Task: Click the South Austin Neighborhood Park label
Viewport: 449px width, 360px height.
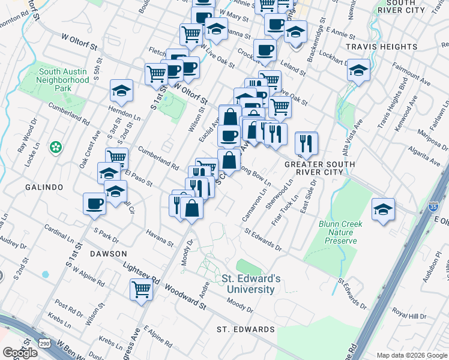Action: [x=64, y=80]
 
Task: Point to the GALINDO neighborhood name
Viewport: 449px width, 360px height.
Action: [x=44, y=187]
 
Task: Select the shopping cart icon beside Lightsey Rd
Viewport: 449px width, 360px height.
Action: [x=141, y=289]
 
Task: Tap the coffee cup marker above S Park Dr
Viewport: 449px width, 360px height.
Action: [x=94, y=203]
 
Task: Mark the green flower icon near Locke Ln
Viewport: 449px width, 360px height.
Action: [x=56, y=146]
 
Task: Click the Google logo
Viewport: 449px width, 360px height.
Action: [x=20, y=353]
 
